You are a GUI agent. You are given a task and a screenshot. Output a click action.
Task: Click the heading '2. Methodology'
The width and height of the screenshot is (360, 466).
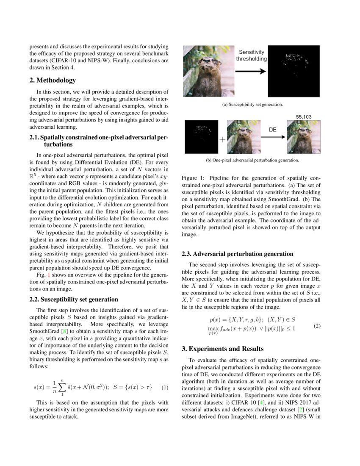pyautogui.click(x=53, y=80)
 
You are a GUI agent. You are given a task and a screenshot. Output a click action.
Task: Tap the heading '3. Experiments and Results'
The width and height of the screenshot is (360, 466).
pyautogui.click(x=223, y=349)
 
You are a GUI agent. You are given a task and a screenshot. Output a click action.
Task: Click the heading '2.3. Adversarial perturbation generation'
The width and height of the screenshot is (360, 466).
pyautogui.click(x=237, y=254)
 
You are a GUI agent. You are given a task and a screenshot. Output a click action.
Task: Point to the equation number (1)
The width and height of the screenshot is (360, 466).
pyautogui.click(x=165, y=388)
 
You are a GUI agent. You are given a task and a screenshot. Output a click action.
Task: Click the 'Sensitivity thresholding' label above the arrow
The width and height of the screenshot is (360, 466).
pyautogui.click(x=252, y=55)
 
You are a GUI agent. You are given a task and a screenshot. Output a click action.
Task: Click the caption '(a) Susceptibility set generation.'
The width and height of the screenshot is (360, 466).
pyautogui.click(x=252, y=104)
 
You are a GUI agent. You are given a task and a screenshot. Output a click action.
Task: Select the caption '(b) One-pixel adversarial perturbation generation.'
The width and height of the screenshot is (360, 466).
pyautogui.click(x=252, y=160)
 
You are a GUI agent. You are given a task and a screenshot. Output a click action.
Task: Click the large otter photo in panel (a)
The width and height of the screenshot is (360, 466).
pyautogui.click(x=208, y=71)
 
